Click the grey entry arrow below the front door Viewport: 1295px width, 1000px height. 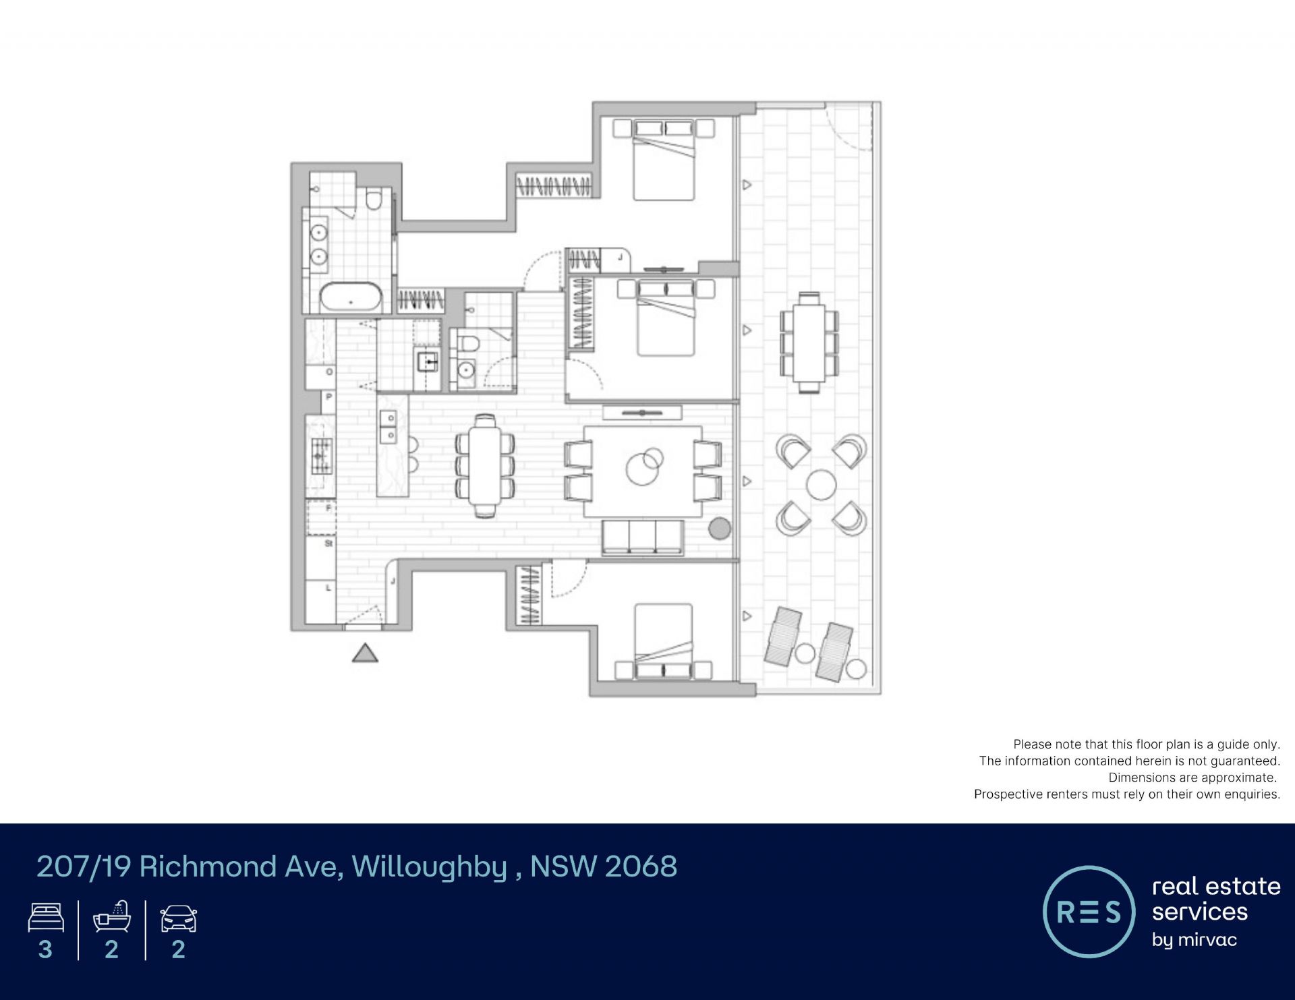click(x=365, y=653)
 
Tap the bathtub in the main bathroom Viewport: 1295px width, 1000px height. click(x=351, y=297)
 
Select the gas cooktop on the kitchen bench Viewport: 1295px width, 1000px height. click(x=321, y=456)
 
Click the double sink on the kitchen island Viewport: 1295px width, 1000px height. click(x=388, y=426)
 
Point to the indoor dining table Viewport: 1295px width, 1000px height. click(x=485, y=465)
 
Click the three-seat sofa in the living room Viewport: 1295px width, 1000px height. click(x=642, y=537)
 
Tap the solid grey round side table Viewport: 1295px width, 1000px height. click(x=720, y=529)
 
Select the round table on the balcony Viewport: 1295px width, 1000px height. click(x=821, y=484)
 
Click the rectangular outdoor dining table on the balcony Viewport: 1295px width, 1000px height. click(x=809, y=342)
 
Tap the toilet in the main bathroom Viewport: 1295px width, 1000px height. click(x=374, y=200)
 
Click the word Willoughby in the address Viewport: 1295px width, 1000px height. click(x=429, y=867)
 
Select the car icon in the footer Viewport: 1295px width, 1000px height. click(x=178, y=918)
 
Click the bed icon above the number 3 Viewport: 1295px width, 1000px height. click(x=46, y=918)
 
